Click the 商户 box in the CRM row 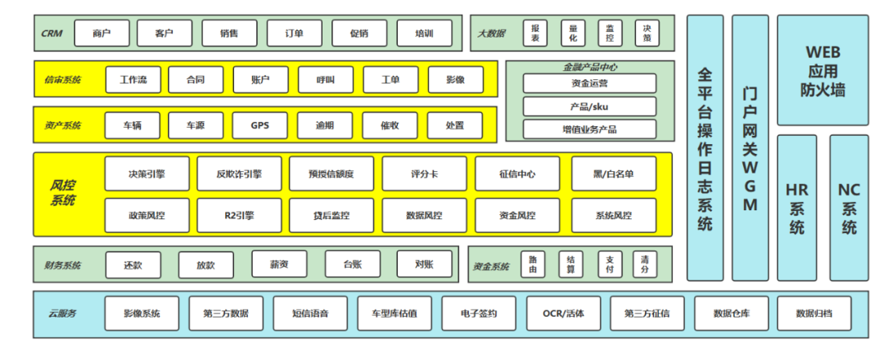pos(102,34)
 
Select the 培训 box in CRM pos(424,34)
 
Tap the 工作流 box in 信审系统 pos(133,80)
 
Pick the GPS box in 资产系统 pos(260,126)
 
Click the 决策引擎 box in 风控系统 pos(147,173)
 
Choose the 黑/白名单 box pos(614,173)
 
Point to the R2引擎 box pos(239,215)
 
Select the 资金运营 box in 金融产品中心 pos(589,83)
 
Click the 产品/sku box pos(589,106)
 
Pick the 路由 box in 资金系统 pos(533,263)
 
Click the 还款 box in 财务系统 pos(133,264)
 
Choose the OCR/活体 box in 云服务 pos(564,313)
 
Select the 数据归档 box pos(813,313)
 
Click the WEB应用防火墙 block pos(823,72)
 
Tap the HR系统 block pos(796,208)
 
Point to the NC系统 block pos(849,208)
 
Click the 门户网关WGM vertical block pos(750,147)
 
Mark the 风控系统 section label pos(63,193)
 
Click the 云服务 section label pos(62,313)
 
